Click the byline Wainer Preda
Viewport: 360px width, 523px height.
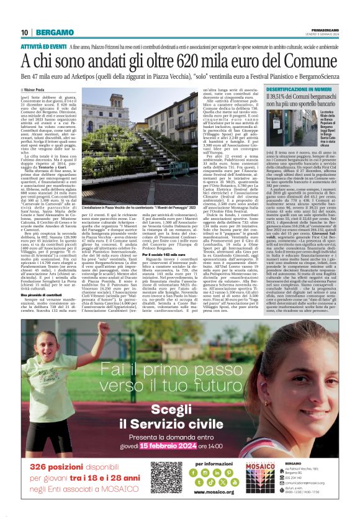click(38, 91)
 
